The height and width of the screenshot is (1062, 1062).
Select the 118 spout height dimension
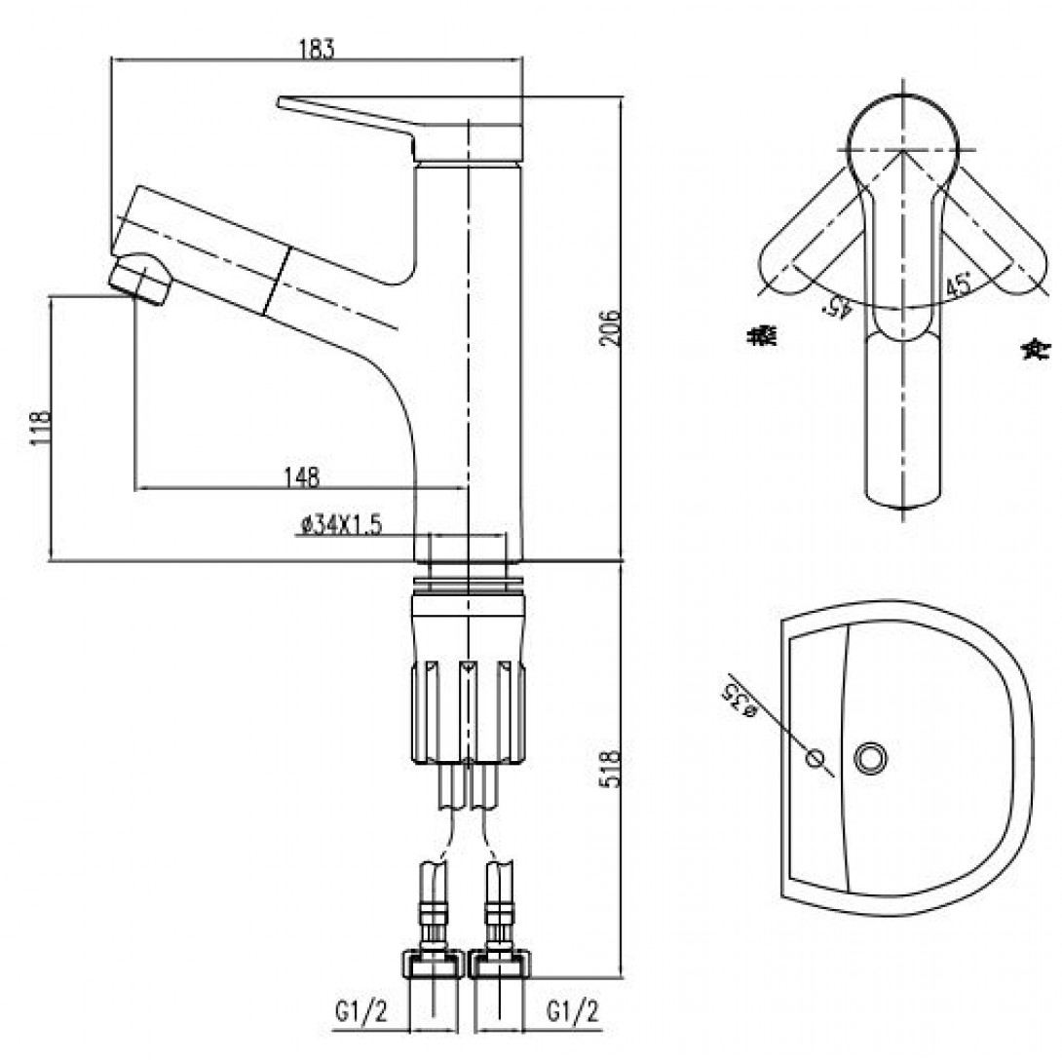[40, 427]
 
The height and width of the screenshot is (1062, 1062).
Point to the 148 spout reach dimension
[301, 476]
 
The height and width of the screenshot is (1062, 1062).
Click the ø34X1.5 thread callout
[340, 526]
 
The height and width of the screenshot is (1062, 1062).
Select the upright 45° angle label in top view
[959, 286]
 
